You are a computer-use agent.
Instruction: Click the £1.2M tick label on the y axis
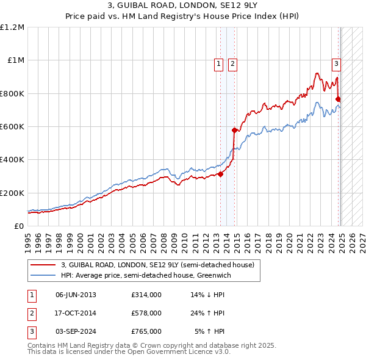pos(12,27)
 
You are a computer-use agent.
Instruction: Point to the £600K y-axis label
pos(12,127)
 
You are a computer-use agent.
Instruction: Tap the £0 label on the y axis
pos(19,226)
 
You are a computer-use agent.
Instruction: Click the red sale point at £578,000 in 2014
pos(234,130)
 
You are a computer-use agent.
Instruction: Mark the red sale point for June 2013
pos(220,174)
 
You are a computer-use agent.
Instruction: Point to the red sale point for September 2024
pos(338,99)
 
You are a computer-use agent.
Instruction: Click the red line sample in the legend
pos(42,265)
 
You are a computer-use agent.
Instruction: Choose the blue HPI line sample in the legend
pos(42,275)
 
